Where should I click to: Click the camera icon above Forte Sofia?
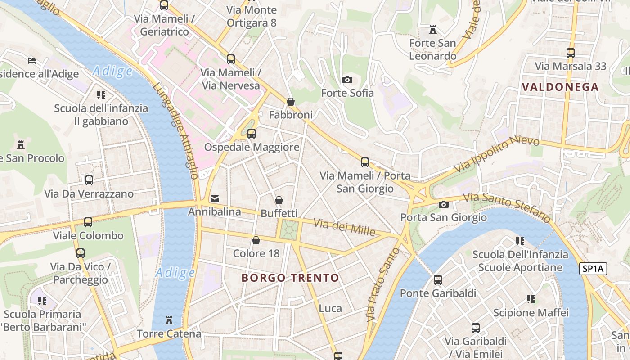coord(347,80)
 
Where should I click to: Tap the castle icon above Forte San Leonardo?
coord(433,30)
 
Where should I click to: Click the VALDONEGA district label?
coord(560,87)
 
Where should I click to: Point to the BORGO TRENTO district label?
coord(290,278)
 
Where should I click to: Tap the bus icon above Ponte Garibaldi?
coord(438,280)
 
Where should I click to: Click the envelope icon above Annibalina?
coord(215,198)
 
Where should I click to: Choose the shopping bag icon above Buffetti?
coord(279,200)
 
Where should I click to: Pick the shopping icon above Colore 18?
coord(256,241)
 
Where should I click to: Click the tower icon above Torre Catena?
coord(169,320)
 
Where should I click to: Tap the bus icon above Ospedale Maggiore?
coord(252,134)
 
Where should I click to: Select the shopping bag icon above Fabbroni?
coord(291,102)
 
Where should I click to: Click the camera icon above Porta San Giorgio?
coord(444,205)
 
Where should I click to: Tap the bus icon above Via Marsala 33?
coord(571,53)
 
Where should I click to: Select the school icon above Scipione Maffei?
coord(531,299)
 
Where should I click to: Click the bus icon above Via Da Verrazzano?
coord(89,180)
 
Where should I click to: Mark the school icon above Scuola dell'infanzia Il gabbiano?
coord(101,95)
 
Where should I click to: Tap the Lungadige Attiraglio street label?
coord(176,131)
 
